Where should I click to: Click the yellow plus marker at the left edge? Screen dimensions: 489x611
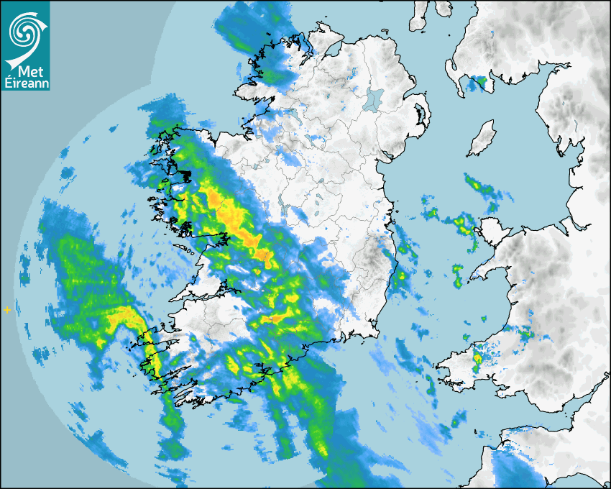click(7, 310)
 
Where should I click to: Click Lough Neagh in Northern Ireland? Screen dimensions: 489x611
click(375, 99)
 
